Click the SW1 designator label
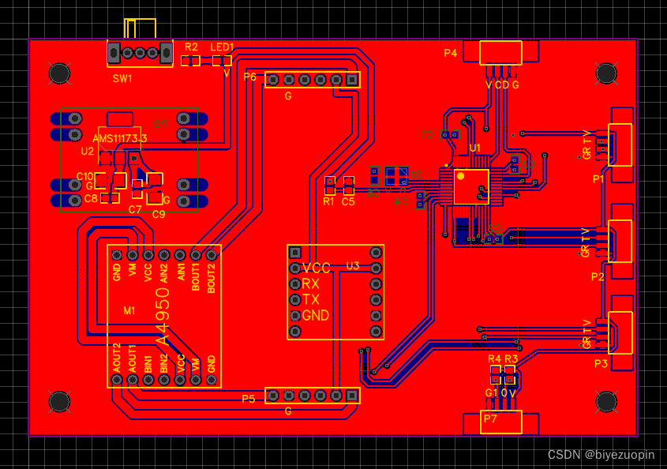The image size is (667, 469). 122,78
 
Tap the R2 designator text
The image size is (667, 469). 192,47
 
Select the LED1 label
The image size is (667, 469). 222,47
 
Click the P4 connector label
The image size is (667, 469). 450,54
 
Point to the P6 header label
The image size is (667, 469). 250,77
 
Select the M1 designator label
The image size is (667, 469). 129,311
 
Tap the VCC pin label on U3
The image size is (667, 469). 317,268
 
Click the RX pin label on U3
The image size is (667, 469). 310,284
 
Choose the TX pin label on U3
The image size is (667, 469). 310,300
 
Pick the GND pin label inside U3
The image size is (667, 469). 316,316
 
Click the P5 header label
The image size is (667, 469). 249,399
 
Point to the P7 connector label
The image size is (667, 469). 490,418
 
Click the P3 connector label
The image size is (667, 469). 601,363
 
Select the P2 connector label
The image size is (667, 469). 598,276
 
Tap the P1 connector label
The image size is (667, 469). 598,179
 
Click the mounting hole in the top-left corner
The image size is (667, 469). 59,73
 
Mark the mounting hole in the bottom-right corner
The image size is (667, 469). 605,402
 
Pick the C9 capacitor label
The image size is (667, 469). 159,214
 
